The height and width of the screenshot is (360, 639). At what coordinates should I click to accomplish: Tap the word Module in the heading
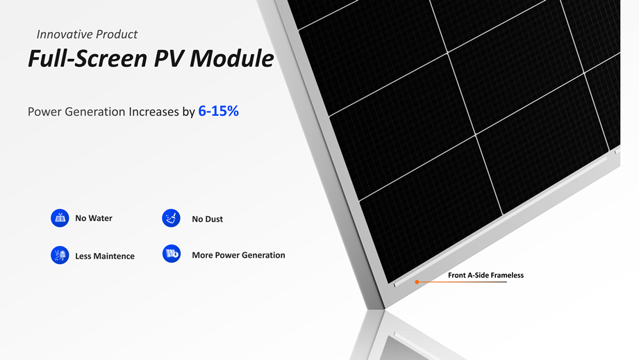click(231, 58)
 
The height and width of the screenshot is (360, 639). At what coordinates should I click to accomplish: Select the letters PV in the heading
click(168, 58)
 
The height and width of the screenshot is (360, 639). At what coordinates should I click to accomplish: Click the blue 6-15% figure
click(218, 111)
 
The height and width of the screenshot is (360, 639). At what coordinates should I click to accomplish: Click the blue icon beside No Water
click(60, 218)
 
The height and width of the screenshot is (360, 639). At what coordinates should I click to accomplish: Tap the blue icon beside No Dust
click(171, 218)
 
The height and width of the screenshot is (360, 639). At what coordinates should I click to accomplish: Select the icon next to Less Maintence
click(60, 255)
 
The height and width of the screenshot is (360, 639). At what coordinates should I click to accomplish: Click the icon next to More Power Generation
click(172, 254)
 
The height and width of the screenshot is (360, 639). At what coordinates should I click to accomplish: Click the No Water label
click(94, 218)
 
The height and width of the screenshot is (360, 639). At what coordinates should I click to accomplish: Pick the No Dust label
click(208, 219)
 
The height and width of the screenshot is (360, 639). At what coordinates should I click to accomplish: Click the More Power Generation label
click(238, 255)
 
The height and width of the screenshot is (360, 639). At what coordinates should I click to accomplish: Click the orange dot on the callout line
click(417, 281)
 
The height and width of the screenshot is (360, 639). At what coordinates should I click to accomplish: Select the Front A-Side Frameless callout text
click(486, 275)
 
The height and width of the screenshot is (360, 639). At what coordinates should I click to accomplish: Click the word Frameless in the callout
click(506, 275)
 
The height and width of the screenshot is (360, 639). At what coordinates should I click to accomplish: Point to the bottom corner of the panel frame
click(383, 308)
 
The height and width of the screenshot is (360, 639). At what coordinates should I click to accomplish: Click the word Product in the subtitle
click(118, 34)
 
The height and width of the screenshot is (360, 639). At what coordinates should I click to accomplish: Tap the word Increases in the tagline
click(153, 112)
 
